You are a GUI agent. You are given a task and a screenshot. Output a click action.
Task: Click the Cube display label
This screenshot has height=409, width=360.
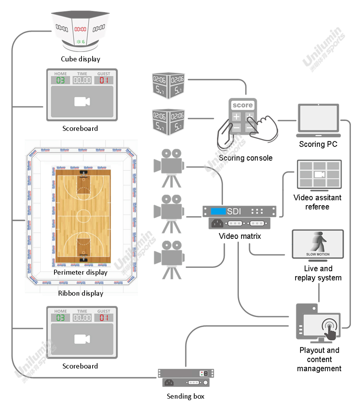click(x=80, y=59)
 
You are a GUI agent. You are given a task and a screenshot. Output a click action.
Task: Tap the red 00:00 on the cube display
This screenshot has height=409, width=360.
click(x=80, y=29)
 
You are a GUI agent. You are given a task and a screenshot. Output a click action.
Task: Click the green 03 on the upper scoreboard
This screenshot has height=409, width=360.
click(x=61, y=80)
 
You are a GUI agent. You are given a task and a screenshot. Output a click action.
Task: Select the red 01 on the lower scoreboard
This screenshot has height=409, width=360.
click(x=104, y=318)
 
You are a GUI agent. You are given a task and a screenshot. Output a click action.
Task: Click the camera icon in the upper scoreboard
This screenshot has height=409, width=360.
click(x=82, y=102)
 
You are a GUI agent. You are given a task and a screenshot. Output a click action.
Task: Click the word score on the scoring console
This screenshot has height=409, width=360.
click(x=243, y=105)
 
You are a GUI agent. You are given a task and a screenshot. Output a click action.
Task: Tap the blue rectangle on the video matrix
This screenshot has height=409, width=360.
click(x=218, y=211)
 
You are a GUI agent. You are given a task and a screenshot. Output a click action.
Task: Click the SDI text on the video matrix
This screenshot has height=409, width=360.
click(x=234, y=211)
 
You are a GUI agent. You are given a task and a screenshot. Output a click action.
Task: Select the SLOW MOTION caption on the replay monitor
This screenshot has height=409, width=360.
click(x=317, y=254)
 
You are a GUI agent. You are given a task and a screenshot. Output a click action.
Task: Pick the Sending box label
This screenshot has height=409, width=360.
click(x=185, y=396)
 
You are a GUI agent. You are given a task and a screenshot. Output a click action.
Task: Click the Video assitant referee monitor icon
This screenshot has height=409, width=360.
click(x=319, y=175)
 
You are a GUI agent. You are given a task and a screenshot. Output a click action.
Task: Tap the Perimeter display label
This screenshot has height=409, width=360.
click(x=80, y=272)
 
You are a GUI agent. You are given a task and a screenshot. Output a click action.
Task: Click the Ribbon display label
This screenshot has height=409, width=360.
click(x=80, y=293)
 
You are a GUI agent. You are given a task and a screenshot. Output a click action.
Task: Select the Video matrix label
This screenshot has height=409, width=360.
click(x=240, y=237)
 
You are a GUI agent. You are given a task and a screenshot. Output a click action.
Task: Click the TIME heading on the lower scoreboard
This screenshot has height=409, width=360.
click(x=82, y=311)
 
